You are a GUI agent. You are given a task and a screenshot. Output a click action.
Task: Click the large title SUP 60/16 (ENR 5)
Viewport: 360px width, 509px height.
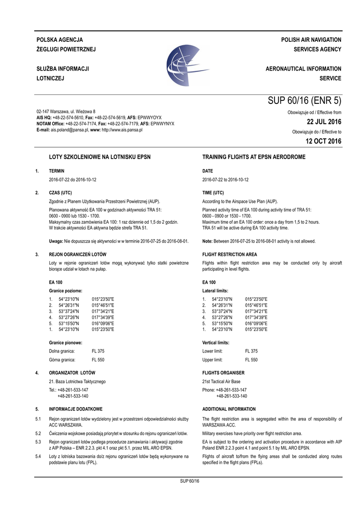(304, 101)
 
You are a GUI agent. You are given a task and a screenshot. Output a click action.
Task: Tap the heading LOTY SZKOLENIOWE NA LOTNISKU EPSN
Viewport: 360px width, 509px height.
(99, 157)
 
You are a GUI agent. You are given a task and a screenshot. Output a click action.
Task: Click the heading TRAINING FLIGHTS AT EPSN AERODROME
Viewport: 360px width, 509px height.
(254, 157)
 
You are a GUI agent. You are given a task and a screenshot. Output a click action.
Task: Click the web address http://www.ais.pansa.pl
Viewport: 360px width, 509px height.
(122, 130)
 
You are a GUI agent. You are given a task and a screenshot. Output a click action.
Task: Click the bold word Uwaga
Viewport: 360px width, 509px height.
(56, 241)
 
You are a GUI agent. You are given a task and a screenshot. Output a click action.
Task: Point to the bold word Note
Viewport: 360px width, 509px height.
(207, 241)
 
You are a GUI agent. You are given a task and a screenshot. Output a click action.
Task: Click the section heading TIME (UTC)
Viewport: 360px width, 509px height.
(213, 192)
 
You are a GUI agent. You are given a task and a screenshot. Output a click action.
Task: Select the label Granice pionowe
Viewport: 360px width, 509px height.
(65, 342)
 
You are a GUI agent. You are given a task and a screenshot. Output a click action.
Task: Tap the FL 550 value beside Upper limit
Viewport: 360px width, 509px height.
(251, 359)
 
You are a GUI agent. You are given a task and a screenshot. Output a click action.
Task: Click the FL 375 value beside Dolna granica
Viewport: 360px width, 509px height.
(98, 351)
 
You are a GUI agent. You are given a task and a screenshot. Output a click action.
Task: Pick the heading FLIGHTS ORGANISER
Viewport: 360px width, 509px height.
(223, 372)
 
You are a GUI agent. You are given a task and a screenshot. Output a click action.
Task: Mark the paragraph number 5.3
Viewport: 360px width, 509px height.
(38, 442)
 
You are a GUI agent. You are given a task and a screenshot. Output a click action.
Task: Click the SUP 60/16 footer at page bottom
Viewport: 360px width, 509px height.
(189, 481)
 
